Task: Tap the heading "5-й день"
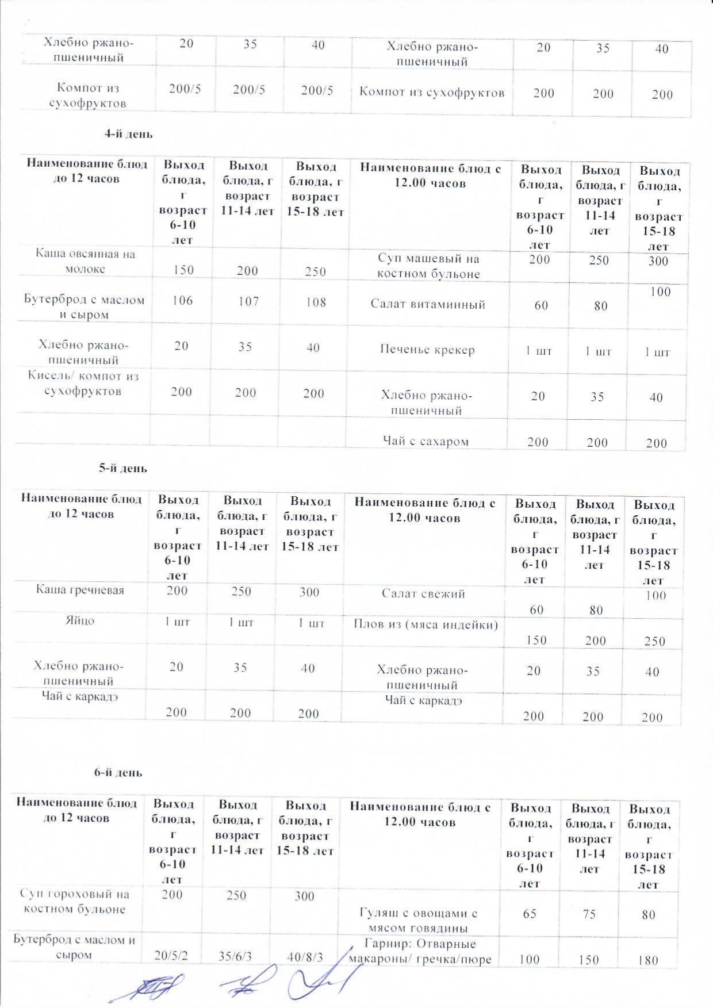tap(122, 468)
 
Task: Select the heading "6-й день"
tap(118, 773)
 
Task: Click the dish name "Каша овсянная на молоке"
tap(85, 261)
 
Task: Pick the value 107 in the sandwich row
tap(248, 301)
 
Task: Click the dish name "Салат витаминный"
tap(428, 304)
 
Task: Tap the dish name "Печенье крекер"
tap(427, 350)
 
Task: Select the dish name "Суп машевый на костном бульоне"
tap(428, 266)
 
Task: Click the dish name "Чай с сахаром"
tap(425, 441)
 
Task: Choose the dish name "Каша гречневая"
tap(80, 589)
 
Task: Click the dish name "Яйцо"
tap(80, 621)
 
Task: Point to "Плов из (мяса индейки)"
tap(425, 624)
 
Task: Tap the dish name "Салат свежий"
tap(423, 593)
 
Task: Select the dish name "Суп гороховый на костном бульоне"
tap(75, 901)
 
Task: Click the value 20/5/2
tap(171, 956)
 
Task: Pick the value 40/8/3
tap(305, 957)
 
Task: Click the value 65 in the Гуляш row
tap(530, 913)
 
